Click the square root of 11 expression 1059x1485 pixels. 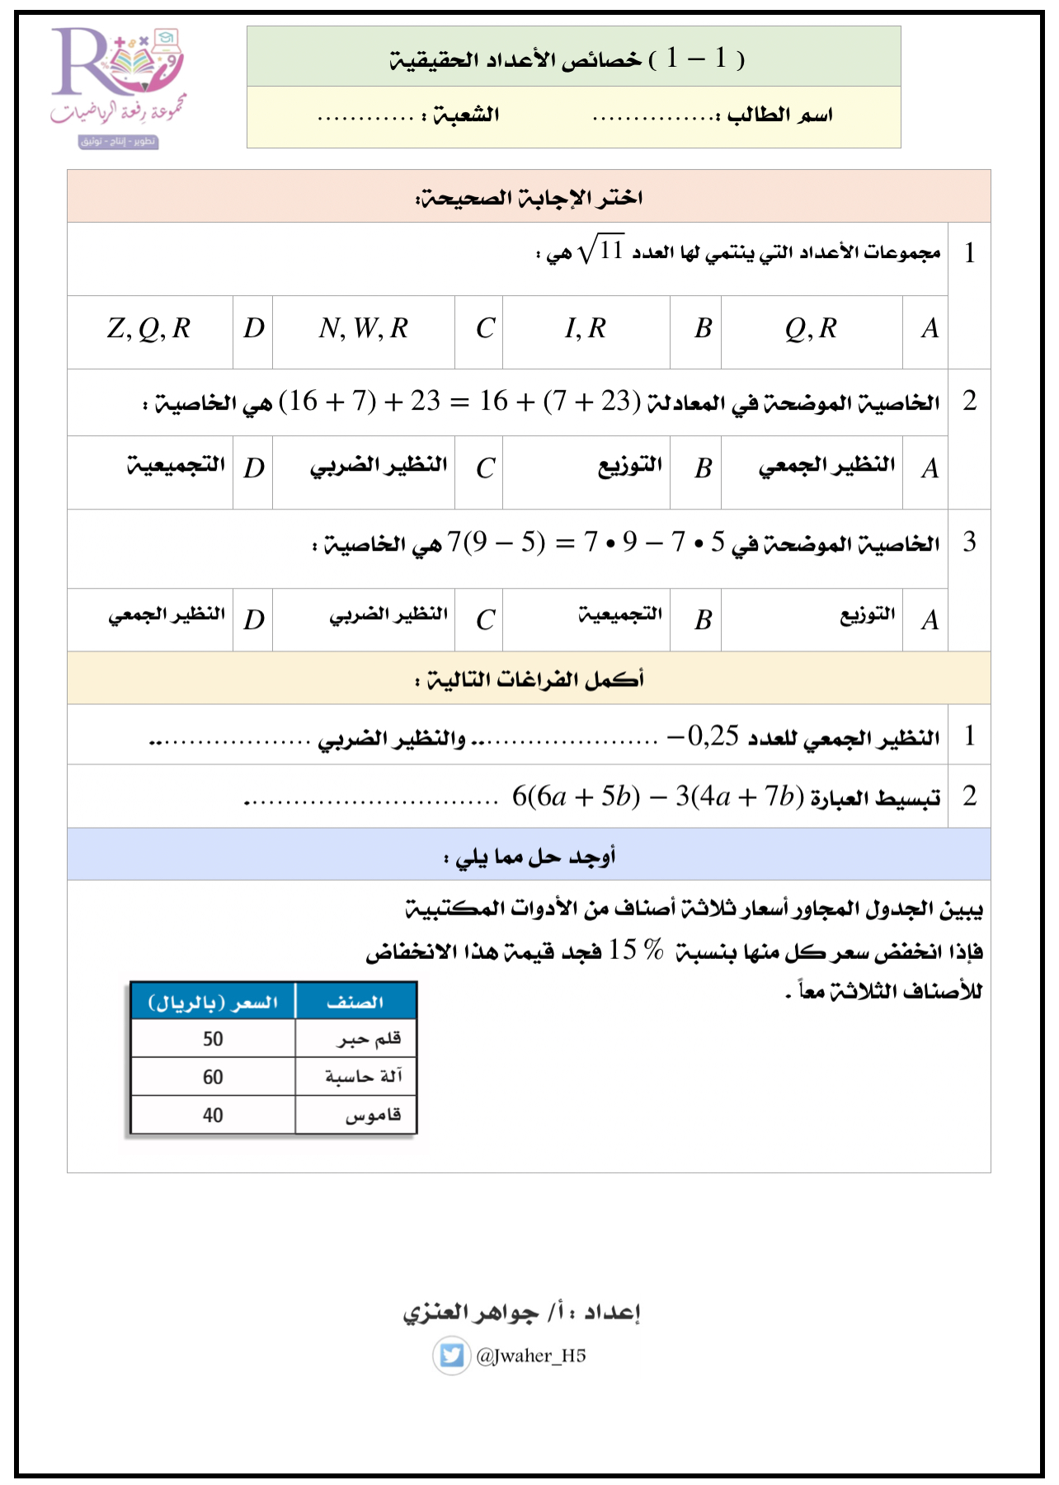[601, 250]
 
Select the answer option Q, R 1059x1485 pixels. [811, 329]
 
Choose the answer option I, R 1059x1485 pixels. [586, 329]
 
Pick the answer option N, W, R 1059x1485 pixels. [363, 329]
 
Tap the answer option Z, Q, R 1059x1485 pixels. [149, 329]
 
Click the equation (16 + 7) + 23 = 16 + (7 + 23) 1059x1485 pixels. [459, 402]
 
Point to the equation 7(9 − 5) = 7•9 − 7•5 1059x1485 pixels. [586, 543]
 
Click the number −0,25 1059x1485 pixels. [703, 735]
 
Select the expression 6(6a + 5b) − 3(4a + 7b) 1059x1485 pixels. [657, 797]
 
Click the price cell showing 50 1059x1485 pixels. [213, 1039]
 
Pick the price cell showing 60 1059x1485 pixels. [213, 1077]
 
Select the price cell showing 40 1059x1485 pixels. [213, 1115]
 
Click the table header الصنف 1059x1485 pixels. [355, 1002]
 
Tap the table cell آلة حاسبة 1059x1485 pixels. [363, 1077]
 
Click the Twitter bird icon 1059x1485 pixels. [451, 1356]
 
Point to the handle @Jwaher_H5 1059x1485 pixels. [531, 1356]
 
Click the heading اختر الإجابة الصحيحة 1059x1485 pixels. [529, 197]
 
